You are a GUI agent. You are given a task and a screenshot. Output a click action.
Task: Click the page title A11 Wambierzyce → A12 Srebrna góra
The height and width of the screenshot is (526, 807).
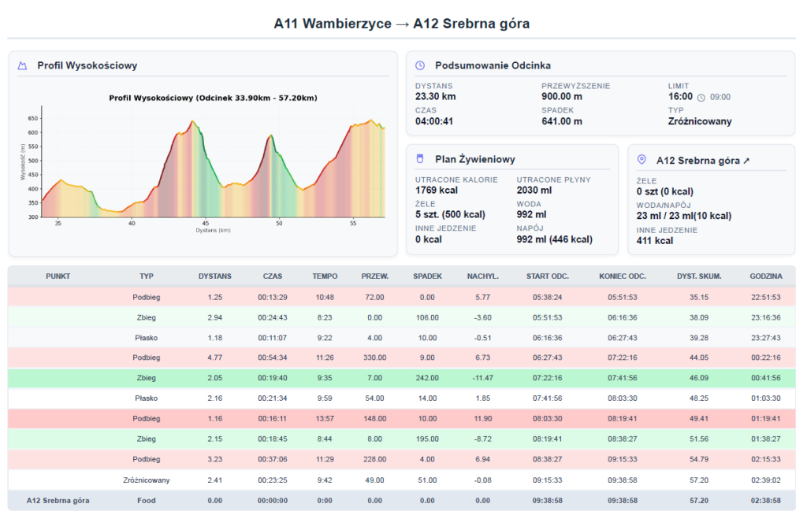(401, 24)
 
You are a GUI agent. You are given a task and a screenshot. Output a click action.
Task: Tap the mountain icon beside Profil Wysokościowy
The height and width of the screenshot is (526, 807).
(22, 66)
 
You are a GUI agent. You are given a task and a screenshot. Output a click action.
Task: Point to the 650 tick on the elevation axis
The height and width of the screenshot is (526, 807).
(33, 118)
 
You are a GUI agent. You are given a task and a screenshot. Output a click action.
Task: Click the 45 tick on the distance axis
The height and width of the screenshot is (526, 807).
(206, 223)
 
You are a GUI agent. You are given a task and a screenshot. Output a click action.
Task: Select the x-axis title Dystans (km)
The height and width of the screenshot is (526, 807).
(213, 231)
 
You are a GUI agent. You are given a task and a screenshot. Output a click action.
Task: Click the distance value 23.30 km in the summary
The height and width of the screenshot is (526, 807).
(435, 97)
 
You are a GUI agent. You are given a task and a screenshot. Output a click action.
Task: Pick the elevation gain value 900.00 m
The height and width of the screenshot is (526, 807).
(562, 97)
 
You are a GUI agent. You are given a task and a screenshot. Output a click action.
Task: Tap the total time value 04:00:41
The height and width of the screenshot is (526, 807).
(434, 121)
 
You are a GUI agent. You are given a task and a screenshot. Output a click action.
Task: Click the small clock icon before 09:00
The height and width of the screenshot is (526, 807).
(701, 98)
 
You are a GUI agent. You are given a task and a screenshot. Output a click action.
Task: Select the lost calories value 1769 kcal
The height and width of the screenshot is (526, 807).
(437, 191)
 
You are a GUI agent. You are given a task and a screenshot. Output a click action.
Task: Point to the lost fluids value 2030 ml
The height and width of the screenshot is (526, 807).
(534, 191)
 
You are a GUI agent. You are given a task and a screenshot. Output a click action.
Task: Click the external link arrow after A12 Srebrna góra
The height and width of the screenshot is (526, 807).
(746, 161)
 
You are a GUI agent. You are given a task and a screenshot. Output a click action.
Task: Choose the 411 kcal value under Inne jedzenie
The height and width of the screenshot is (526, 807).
(655, 241)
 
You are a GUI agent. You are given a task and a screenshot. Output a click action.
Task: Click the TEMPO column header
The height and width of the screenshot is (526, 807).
(325, 276)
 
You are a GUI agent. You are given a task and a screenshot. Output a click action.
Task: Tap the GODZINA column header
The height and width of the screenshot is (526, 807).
(766, 276)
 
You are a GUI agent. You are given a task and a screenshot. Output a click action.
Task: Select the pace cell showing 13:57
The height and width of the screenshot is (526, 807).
(325, 419)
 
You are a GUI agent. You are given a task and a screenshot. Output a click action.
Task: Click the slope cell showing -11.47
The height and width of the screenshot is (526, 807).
(483, 378)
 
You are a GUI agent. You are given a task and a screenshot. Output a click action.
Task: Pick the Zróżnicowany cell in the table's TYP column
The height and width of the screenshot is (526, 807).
(146, 480)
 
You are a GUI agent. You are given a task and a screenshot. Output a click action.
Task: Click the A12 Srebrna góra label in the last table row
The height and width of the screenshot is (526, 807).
(58, 500)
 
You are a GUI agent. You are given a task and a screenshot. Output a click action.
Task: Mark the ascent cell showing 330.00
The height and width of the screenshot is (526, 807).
(374, 357)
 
